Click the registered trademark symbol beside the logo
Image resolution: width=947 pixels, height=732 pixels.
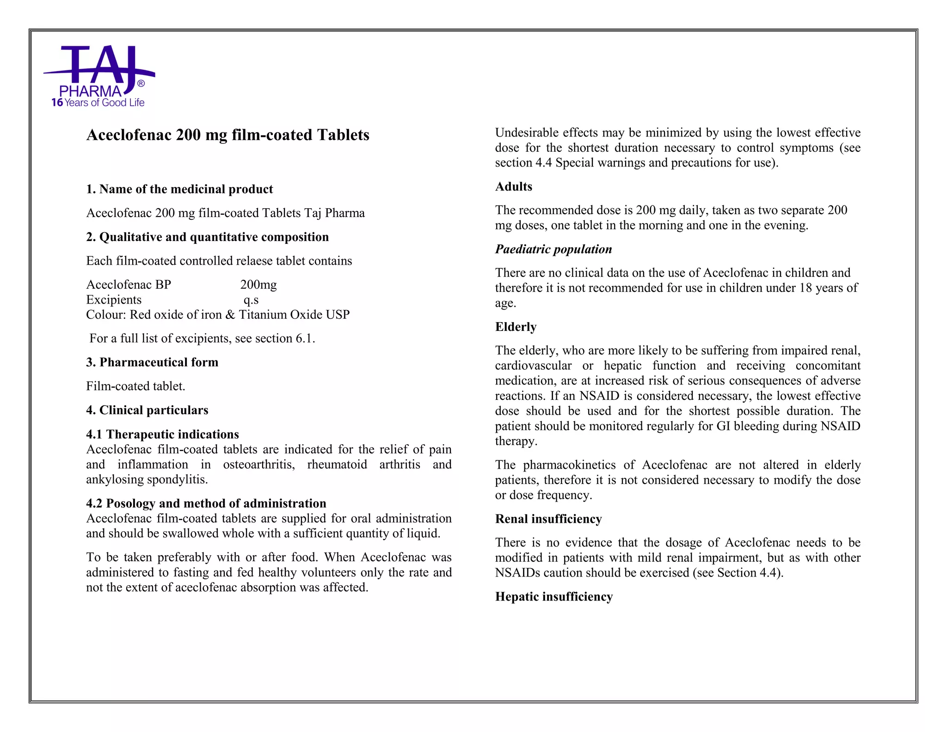point(141,84)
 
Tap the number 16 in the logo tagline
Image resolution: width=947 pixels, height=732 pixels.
point(57,103)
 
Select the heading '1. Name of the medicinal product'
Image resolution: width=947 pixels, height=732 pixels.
point(179,189)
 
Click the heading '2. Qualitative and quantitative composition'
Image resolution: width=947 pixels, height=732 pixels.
point(207,237)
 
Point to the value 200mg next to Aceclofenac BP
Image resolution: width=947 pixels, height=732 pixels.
point(258,285)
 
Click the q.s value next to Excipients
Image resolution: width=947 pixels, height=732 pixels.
point(251,300)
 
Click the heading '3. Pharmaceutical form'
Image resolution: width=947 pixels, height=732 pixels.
point(152,362)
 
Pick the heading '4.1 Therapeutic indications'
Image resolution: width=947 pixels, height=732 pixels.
point(162,434)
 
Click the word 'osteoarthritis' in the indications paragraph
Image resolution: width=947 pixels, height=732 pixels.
point(258,465)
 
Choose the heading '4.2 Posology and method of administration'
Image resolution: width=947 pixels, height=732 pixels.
point(206,503)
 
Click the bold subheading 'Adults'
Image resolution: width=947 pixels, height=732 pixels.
point(513,186)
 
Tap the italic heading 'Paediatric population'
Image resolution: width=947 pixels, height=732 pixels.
point(553,249)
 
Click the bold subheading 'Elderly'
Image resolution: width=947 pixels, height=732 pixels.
point(516,327)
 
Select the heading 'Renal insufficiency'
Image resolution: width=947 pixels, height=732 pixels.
point(548,519)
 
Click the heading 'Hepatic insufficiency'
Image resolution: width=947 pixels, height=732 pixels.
point(553,597)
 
